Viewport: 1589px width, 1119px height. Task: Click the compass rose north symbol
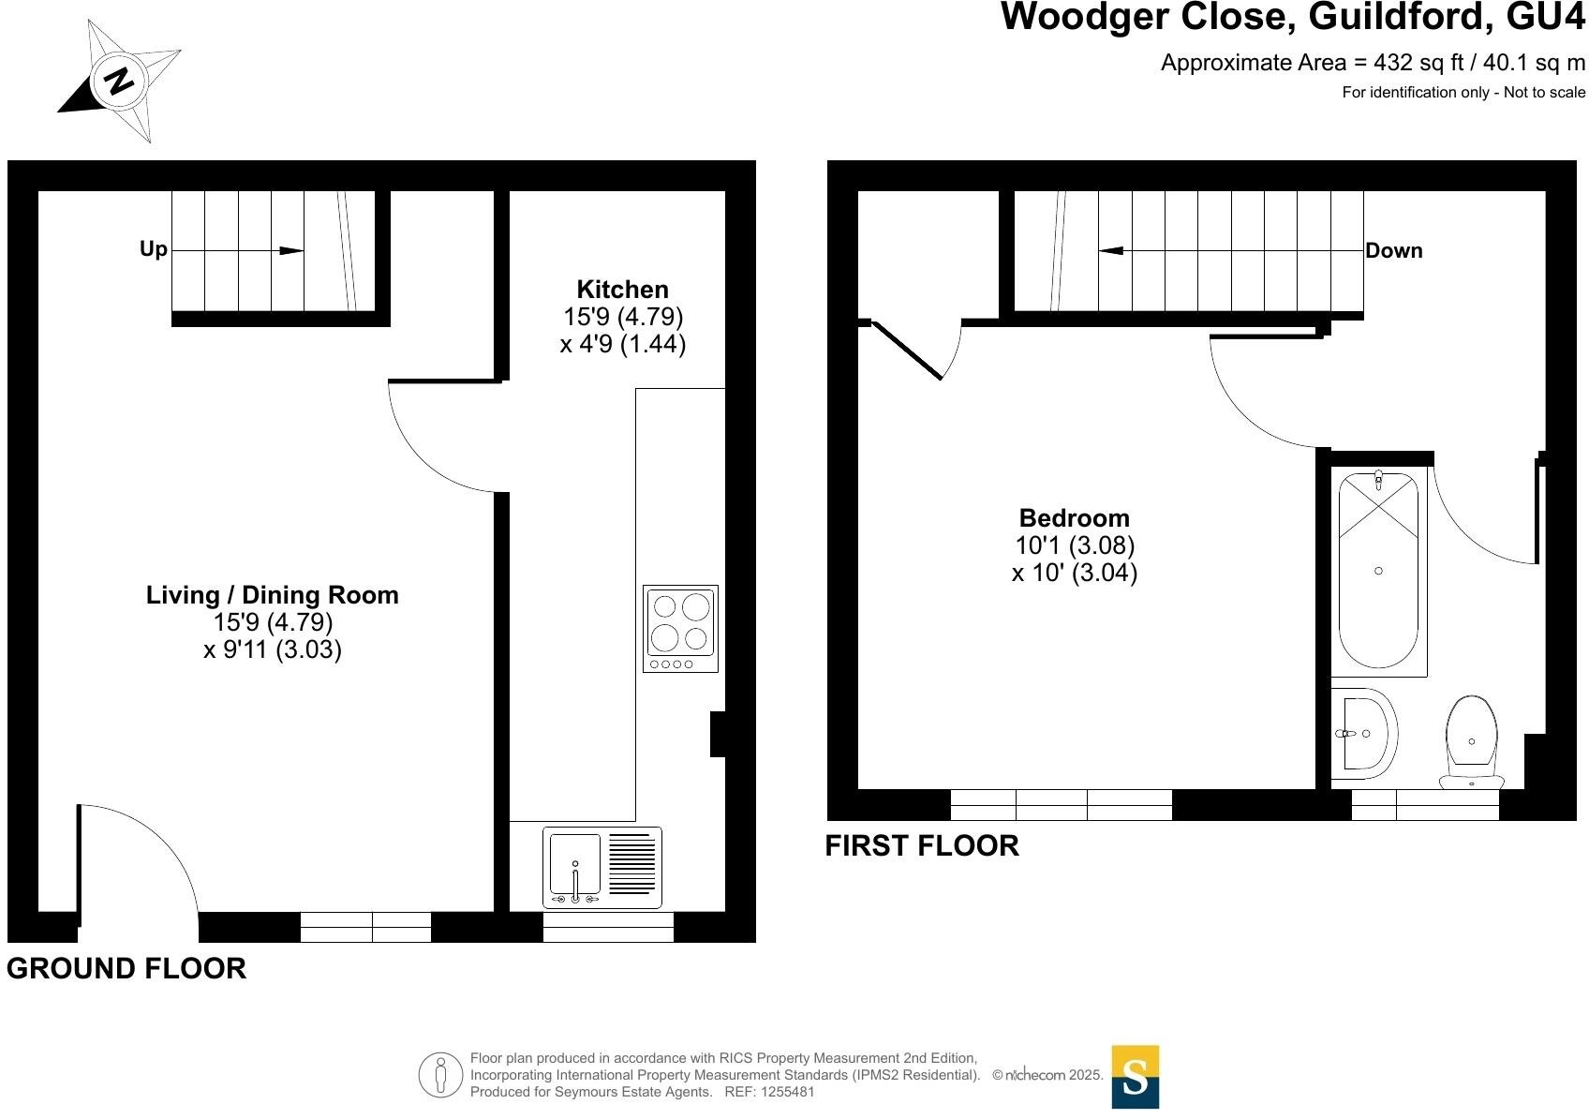[x=119, y=81]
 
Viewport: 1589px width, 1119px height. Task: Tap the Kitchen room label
[x=622, y=290]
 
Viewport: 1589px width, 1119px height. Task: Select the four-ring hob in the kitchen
[x=681, y=628]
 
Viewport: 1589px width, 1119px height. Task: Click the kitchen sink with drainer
[x=601, y=868]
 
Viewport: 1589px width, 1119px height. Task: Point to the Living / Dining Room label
[x=272, y=595]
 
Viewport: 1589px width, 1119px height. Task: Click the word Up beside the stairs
[x=153, y=249]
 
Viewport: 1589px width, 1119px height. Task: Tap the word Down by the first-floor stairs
[x=1393, y=251]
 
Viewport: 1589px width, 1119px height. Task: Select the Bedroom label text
[x=1074, y=518]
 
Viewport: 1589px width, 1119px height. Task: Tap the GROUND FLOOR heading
[x=126, y=968]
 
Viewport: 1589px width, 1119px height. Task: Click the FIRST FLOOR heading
[x=921, y=845]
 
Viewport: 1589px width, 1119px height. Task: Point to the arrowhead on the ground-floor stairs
[x=291, y=251]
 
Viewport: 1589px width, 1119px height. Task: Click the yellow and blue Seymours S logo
[x=1135, y=1077]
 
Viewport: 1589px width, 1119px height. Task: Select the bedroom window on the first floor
[x=1061, y=805]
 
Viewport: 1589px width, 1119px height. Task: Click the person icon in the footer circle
[x=440, y=1076]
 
